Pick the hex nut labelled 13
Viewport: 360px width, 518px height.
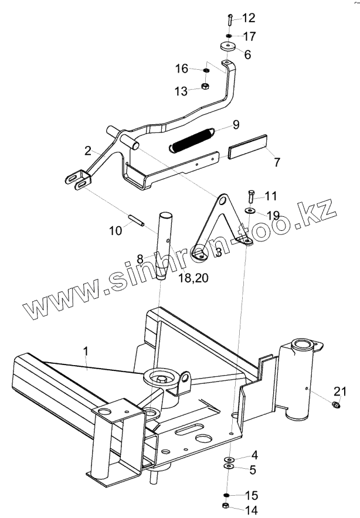[x=206, y=87]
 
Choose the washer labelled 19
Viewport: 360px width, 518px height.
[x=250, y=211]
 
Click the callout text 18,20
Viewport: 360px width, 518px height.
[x=192, y=279]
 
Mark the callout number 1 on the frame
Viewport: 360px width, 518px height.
[x=86, y=352]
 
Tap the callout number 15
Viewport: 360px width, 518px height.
[x=251, y=495]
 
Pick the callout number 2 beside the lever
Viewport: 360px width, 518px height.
[x=87, y=151]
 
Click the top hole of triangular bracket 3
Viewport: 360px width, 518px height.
[x=221, y=201]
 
